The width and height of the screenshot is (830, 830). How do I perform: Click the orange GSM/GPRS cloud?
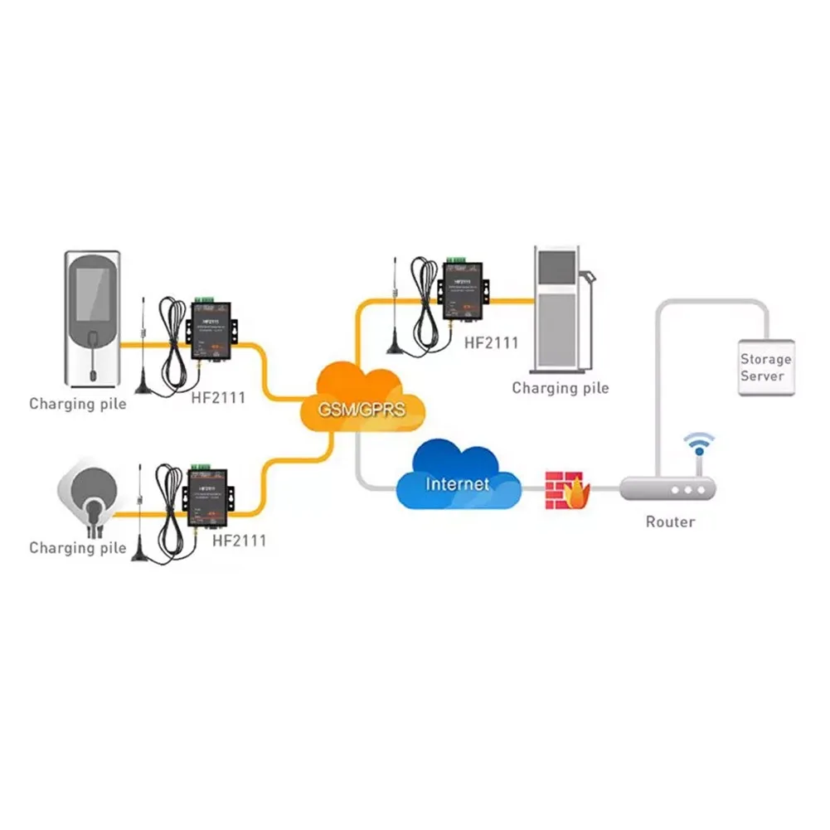click(365, 398)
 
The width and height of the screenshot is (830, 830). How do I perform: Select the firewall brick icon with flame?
click(566, 489)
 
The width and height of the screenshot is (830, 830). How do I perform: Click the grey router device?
click(667, 489)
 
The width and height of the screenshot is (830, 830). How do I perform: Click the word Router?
click(670, 522)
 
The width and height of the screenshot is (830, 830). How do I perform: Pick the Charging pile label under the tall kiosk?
click(560, 388)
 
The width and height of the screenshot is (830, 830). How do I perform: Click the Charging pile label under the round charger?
click(78, 548)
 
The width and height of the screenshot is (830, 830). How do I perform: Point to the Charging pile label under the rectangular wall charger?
click(78, 405)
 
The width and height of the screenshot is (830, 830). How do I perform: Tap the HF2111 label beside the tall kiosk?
click(492, 342)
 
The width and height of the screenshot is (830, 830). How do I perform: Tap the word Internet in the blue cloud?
click(457, 483)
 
